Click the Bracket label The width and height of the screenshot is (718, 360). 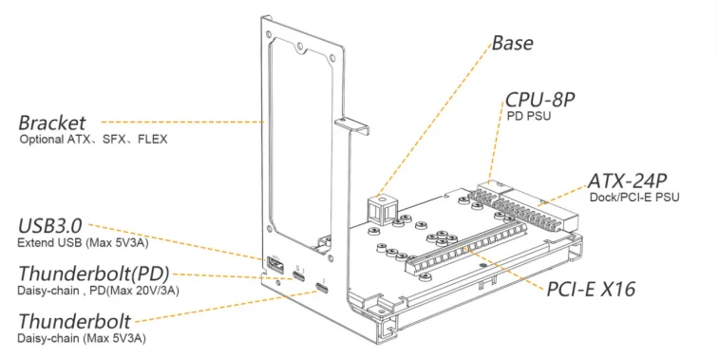tap(51, 123)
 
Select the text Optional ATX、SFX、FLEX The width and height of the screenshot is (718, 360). tap(93, 140)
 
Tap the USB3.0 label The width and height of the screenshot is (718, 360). tap(50, 226)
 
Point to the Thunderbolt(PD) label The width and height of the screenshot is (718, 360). tap(94, 274)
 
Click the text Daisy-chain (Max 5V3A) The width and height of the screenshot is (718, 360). tap(82, 339)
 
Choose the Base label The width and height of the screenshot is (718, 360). tap(513, 43)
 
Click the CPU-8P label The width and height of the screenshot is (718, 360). tap(539, 100)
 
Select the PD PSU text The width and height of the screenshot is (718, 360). tap(529, 116)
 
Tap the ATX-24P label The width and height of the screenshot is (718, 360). tap(628, 180)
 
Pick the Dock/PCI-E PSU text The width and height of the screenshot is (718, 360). tap(634, 198)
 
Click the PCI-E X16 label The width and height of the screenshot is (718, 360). tap(591, 290)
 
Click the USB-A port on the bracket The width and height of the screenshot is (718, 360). tap(274, 266)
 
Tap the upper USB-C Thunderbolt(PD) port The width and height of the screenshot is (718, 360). tap(299, 276)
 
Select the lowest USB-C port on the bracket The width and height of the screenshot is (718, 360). tap(322, 289)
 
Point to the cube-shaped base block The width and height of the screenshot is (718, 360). tap(381, 209)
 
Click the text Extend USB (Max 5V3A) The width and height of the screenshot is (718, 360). tap(83, 243)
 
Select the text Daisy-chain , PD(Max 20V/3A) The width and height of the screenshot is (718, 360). tap(98, 291)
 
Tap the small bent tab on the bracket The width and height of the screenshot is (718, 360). tap(351, 124)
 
